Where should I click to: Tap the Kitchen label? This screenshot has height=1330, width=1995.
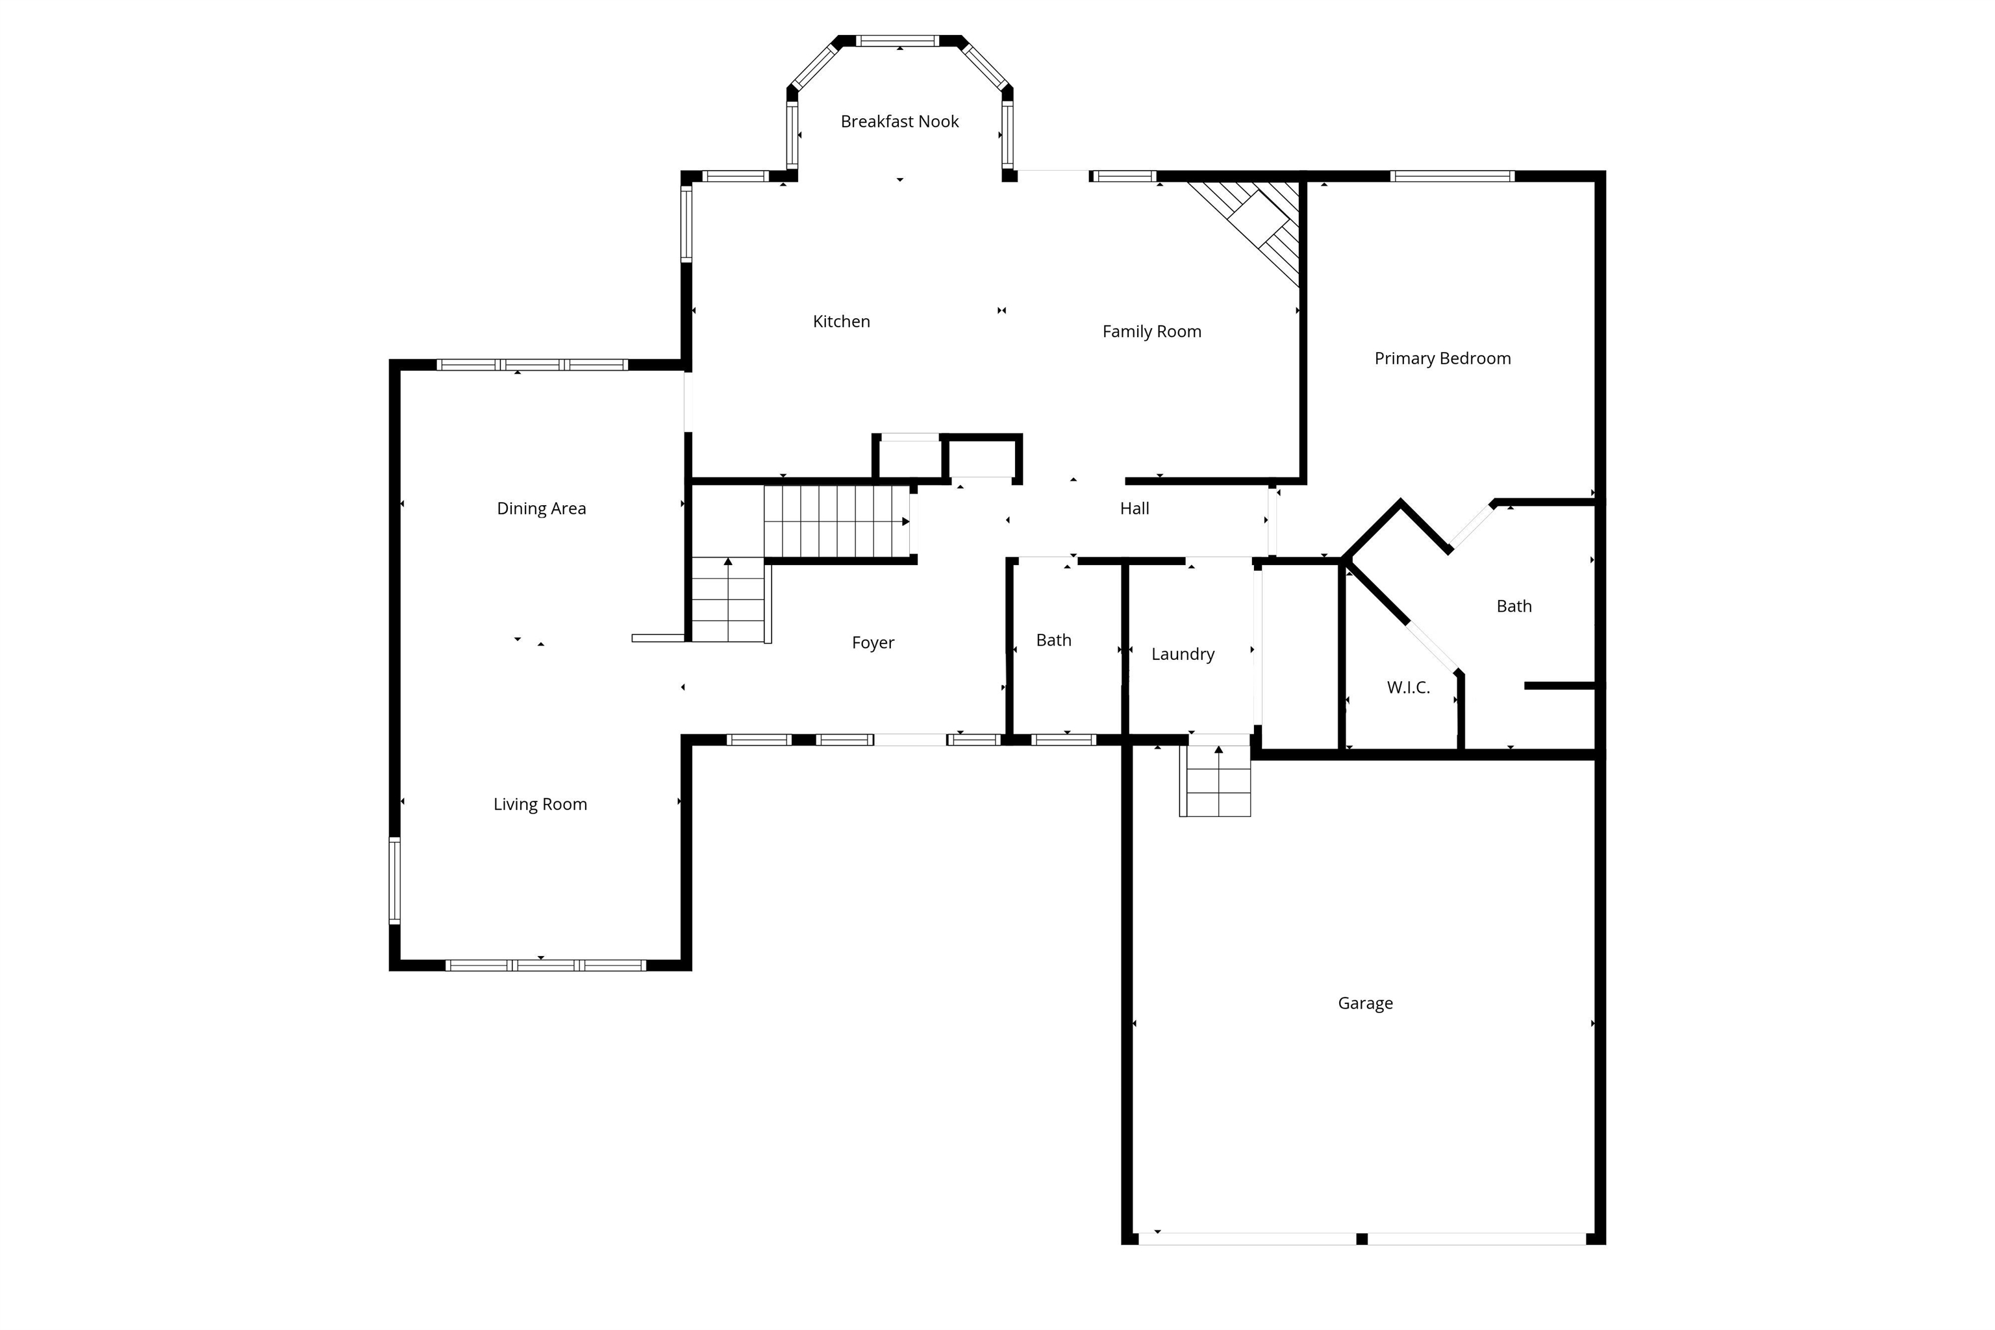click(842, 321)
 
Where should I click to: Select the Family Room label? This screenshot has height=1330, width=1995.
click(1152, 332)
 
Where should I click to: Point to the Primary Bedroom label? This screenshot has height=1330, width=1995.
click(1443, 358)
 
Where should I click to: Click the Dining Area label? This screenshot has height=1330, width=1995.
click(541, 509)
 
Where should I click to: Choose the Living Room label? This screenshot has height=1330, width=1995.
click(540, 804)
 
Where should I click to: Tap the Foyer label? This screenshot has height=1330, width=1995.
click(873, 643)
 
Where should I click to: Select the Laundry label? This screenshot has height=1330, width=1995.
click(1183, 654)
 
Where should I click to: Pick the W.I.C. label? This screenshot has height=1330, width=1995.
click(1408, 688)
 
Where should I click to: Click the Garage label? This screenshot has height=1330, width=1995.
click(1365, 1003)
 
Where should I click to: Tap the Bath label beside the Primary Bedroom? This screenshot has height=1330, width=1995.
click(1514, 607)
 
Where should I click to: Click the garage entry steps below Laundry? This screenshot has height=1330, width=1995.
click(1216, 781)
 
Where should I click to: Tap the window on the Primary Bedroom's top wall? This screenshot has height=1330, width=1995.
click(1452, 177)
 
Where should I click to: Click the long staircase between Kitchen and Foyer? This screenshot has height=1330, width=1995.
click(836, 521)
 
